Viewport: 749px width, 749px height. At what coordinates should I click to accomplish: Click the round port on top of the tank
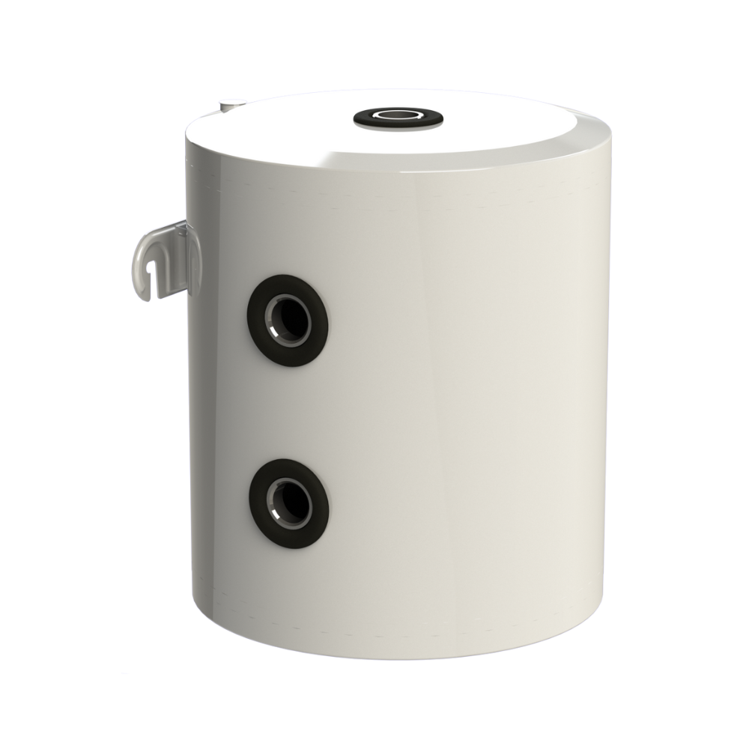(x=397, y=115)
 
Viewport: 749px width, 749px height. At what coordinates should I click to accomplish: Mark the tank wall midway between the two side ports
(x=288, y=412)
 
